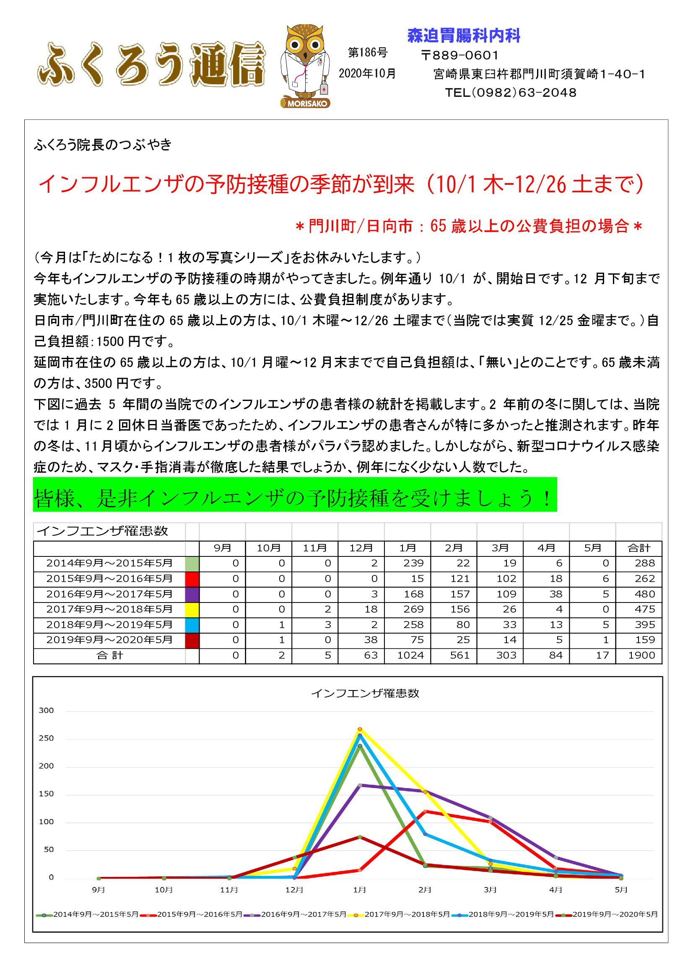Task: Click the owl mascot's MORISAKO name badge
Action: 306,103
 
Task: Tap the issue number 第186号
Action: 368,53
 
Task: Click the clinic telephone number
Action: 510,93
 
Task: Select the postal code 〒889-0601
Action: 459,55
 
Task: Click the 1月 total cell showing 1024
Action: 410,655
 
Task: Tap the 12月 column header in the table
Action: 361,548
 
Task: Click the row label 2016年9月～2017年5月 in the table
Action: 109,594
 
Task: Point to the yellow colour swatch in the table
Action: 192,609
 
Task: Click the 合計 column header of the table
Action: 639,548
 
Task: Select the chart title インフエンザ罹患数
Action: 365,693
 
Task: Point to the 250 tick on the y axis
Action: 46,738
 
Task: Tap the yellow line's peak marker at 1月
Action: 360,729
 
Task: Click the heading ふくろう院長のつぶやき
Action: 102,145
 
